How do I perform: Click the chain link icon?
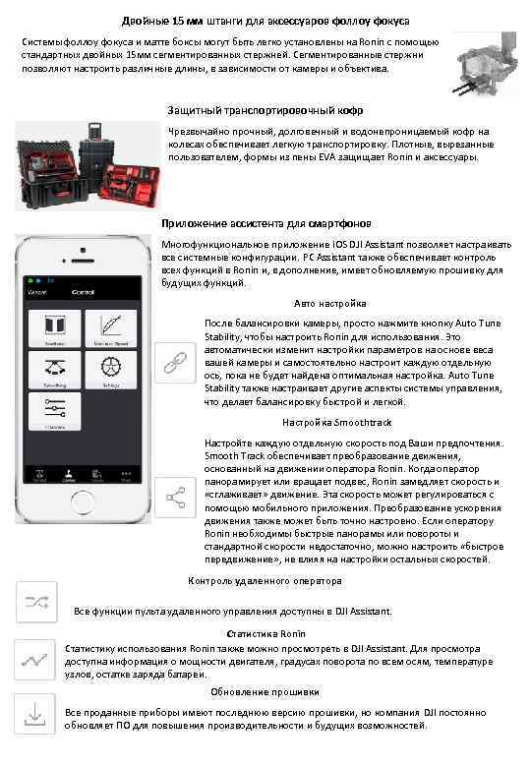coord(176,362)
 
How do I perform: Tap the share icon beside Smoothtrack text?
coord(176,499)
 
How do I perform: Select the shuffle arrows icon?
coord(40,603)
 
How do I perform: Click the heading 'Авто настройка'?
coord(330,303)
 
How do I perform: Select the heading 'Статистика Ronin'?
coord(265,634)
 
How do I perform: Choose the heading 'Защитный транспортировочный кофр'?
coord(265,110)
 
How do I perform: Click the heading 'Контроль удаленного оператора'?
coord(265,581)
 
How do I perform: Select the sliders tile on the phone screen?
coord(55,412)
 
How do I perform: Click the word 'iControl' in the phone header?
coord(82,292)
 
